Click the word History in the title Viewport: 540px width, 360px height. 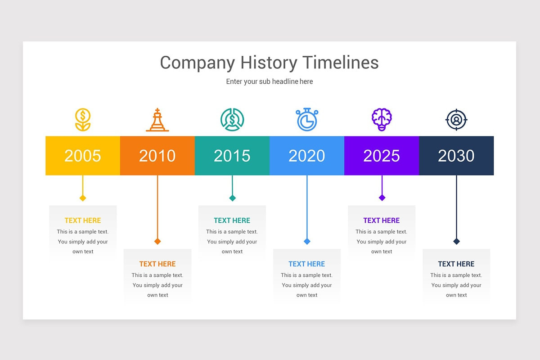click(269, 63)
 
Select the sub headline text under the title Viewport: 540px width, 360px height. click(270, 82)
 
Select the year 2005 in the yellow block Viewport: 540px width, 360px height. click(82, 156)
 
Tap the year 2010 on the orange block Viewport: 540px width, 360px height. click(157, 156)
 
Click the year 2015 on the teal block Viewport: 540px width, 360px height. click(232, 156)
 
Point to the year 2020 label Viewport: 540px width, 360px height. click(306, 156)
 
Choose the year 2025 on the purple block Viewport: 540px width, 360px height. click(382, 156)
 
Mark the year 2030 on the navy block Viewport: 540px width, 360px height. click(456, 156)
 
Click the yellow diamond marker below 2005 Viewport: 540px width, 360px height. click(83, 198)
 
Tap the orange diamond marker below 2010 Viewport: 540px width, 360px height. click(157, 241)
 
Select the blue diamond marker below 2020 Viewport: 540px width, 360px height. click(307, 241)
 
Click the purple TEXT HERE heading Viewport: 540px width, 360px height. click(382, 220)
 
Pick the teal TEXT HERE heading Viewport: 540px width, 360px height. click(232, 220)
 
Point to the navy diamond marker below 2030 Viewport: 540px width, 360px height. click(456, 241)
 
